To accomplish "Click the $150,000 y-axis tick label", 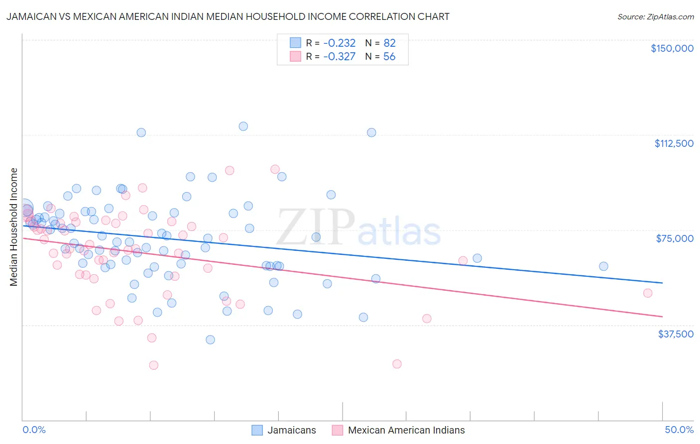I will pyautogui.click(x=672, y=48).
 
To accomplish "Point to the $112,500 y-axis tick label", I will pyautogui.click(x=674, y=143).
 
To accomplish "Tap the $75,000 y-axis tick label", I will pyautogui.click(x=675, y=238).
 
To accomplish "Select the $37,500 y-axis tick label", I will pyautogui.click(x=676, y=334).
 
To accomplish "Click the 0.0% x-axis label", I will pyautogui.click(x=34, y=430).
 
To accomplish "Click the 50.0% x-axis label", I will pyautogui.click(x=679, y=430).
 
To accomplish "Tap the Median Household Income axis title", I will pyautogui.click(x=14, y=227).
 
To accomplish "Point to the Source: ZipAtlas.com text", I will pyautogui.click(x=655, y=16).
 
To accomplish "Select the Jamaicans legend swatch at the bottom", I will pyautogui.click(x=257, y=430).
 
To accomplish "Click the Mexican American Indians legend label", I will pyautogui.click(x=406, y=430).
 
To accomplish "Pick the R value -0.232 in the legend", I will pyautogui.click(x=339, y=43).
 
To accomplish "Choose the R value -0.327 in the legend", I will pyautogui.click(x=339, y=56).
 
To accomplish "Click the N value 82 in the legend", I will pyautogui.click(x=389, y=43).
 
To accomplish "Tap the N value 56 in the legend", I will pyautogui.click(x=389, y=56).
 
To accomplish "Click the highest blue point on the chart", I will pyautogui.click(x=243, y=126).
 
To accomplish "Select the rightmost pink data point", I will pyautogui.click(x=648, y=293).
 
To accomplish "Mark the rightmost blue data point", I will pyautogui.click(x=603, y=266).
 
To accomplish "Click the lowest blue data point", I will pyautogui.click(x=210, y=340).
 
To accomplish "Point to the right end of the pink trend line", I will pyautogui.click(x=662, y=317).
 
